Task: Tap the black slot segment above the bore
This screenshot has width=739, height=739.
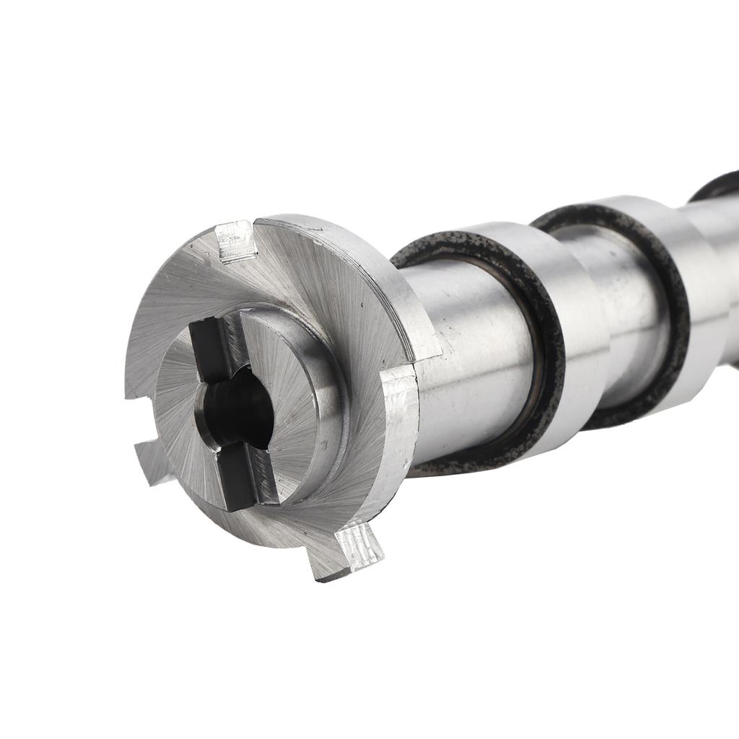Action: (x=209, y=350)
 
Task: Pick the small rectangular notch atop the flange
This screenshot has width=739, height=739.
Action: (x=236, y=241)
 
